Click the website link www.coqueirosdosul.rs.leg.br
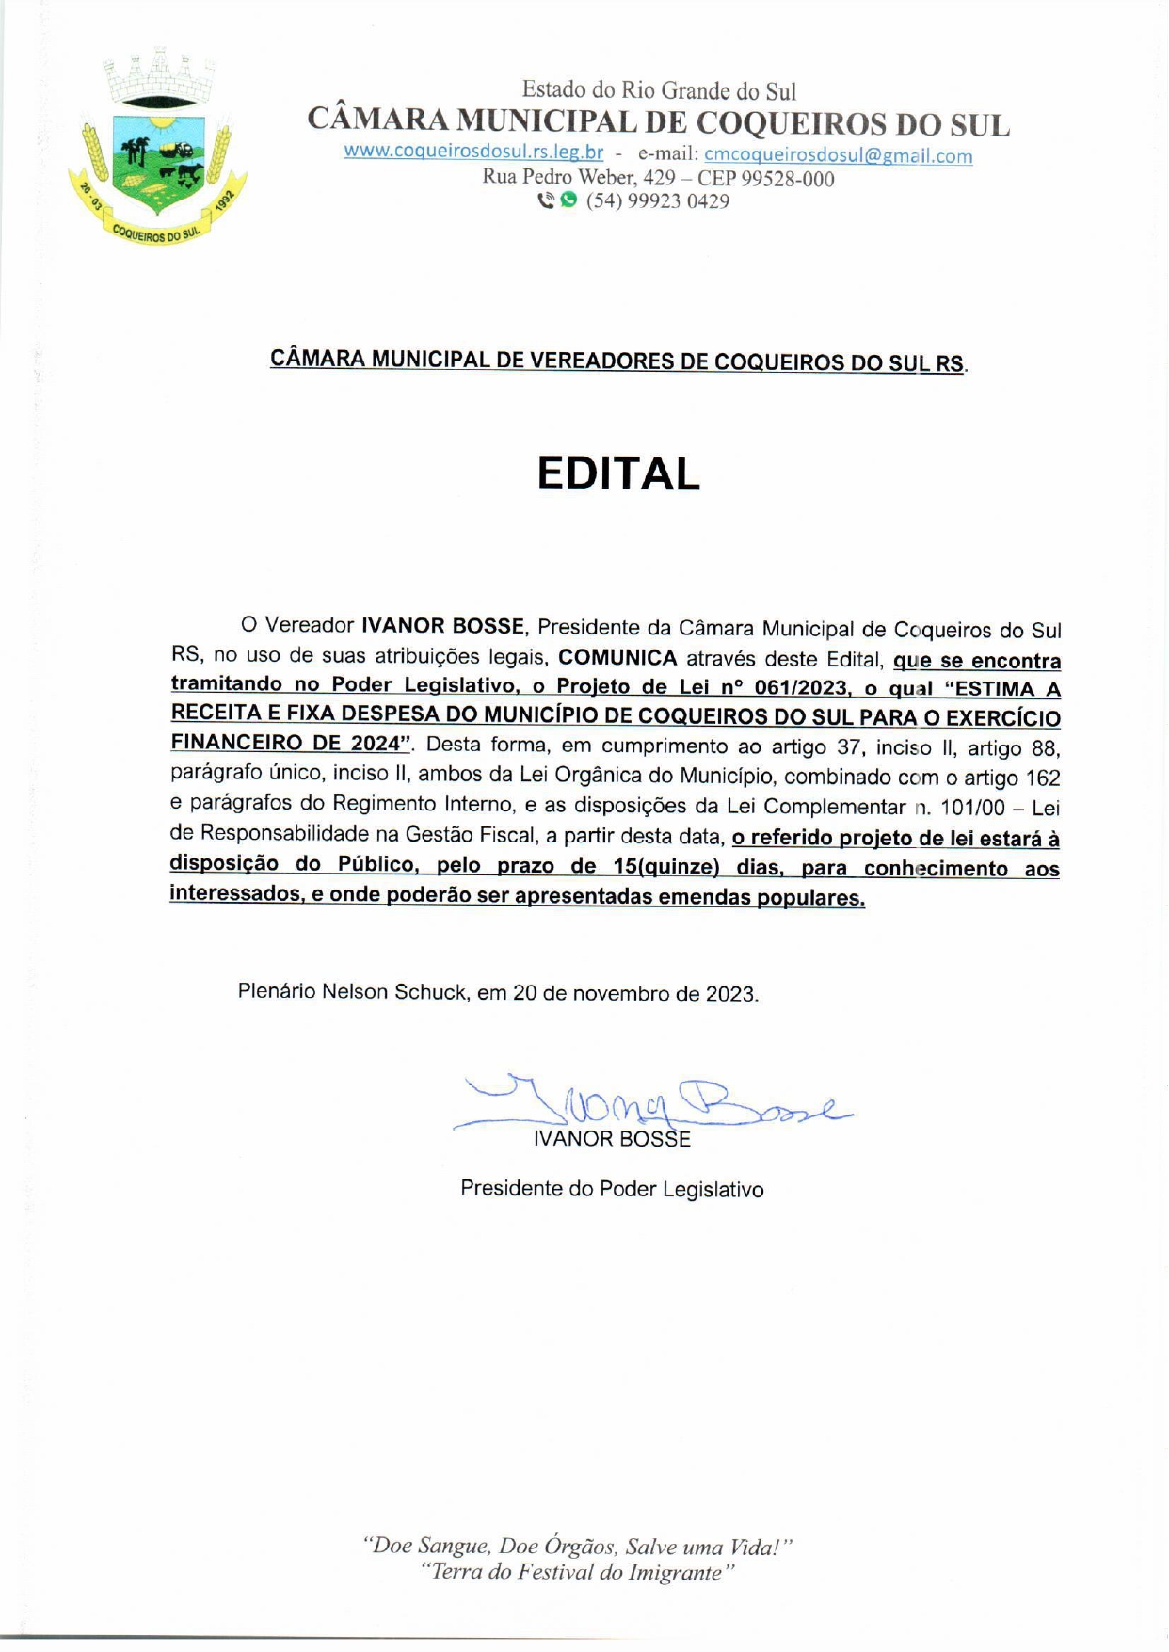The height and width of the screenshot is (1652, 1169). [x=473, y=152]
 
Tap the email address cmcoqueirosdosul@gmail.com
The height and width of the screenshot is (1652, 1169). [x=838, y=155]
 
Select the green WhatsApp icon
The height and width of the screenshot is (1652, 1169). [x=568, y=200]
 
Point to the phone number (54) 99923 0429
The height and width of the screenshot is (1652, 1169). [x=658, y=201]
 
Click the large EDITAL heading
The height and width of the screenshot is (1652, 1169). [x=618, y=473]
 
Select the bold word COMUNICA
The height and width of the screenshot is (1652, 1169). [x=617, y=657]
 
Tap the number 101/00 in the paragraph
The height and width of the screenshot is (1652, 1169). [x=979, y=808]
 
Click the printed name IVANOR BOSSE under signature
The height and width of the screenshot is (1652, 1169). [x=612, y=1139]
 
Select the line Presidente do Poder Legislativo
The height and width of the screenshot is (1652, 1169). [x=612, y=1189]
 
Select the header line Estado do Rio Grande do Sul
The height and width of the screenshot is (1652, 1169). [x=659, y=91]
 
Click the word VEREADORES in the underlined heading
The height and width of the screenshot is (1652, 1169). [x=601, y=361]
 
